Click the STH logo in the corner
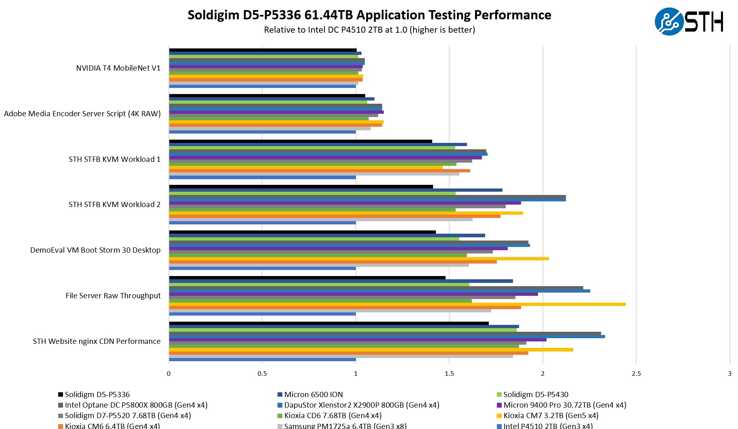pos(689,21)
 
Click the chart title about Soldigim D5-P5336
pos(369,15)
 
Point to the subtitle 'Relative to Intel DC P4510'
pos(369,30)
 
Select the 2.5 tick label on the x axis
pos(636,374)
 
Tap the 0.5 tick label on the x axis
pos(262,374)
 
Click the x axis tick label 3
pos(730,374)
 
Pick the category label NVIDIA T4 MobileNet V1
pos(118,68)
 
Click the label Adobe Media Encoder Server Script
pos(82,114)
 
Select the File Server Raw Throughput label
pos(113,296)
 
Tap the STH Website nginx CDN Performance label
pos(97,341)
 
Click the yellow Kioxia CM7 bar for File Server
pos(397,304)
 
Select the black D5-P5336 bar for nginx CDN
pos(329,323)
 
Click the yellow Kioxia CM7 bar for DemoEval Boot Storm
pos(359,259)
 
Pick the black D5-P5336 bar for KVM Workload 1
pos(301,141)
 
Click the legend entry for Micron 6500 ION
pos(313,395)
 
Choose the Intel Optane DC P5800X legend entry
pos(136,405)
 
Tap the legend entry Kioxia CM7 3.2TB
pos(551,416)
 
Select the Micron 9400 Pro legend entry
pos(564,405)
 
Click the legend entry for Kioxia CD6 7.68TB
pos(332,416)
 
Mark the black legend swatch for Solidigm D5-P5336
pos(61,395)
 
